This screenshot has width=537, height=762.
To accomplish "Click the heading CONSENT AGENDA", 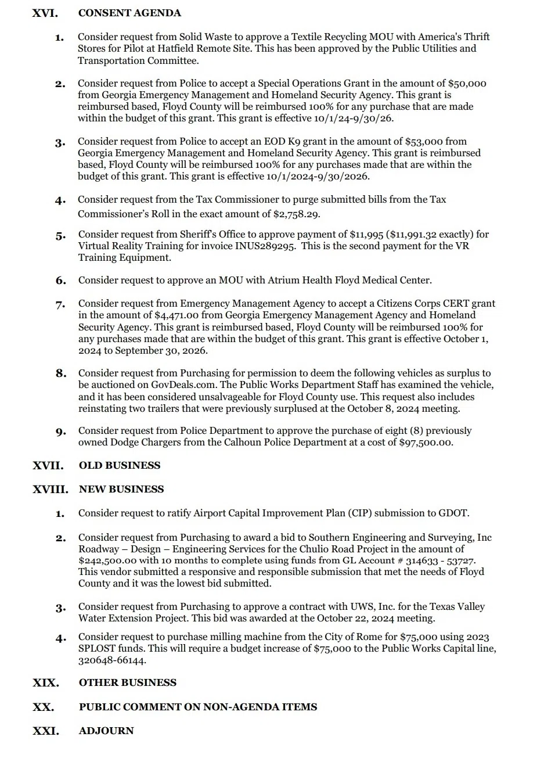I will tap(129, 13).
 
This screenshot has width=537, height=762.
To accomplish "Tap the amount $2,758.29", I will tap(296, 214).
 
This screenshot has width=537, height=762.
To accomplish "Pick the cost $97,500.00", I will tap(427, 443).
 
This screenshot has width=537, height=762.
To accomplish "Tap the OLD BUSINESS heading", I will tap(120, 466).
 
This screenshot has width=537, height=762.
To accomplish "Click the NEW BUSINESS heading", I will tap(121, 490).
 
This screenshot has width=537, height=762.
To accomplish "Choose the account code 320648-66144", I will tap(112, 661).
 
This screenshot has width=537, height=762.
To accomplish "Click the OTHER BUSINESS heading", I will tap(128, 683).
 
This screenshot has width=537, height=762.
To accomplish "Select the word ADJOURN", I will tap(106, 731).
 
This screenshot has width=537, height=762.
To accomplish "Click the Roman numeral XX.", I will tap(44, 707).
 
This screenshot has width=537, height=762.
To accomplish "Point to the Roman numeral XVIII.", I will tap(51, 490).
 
